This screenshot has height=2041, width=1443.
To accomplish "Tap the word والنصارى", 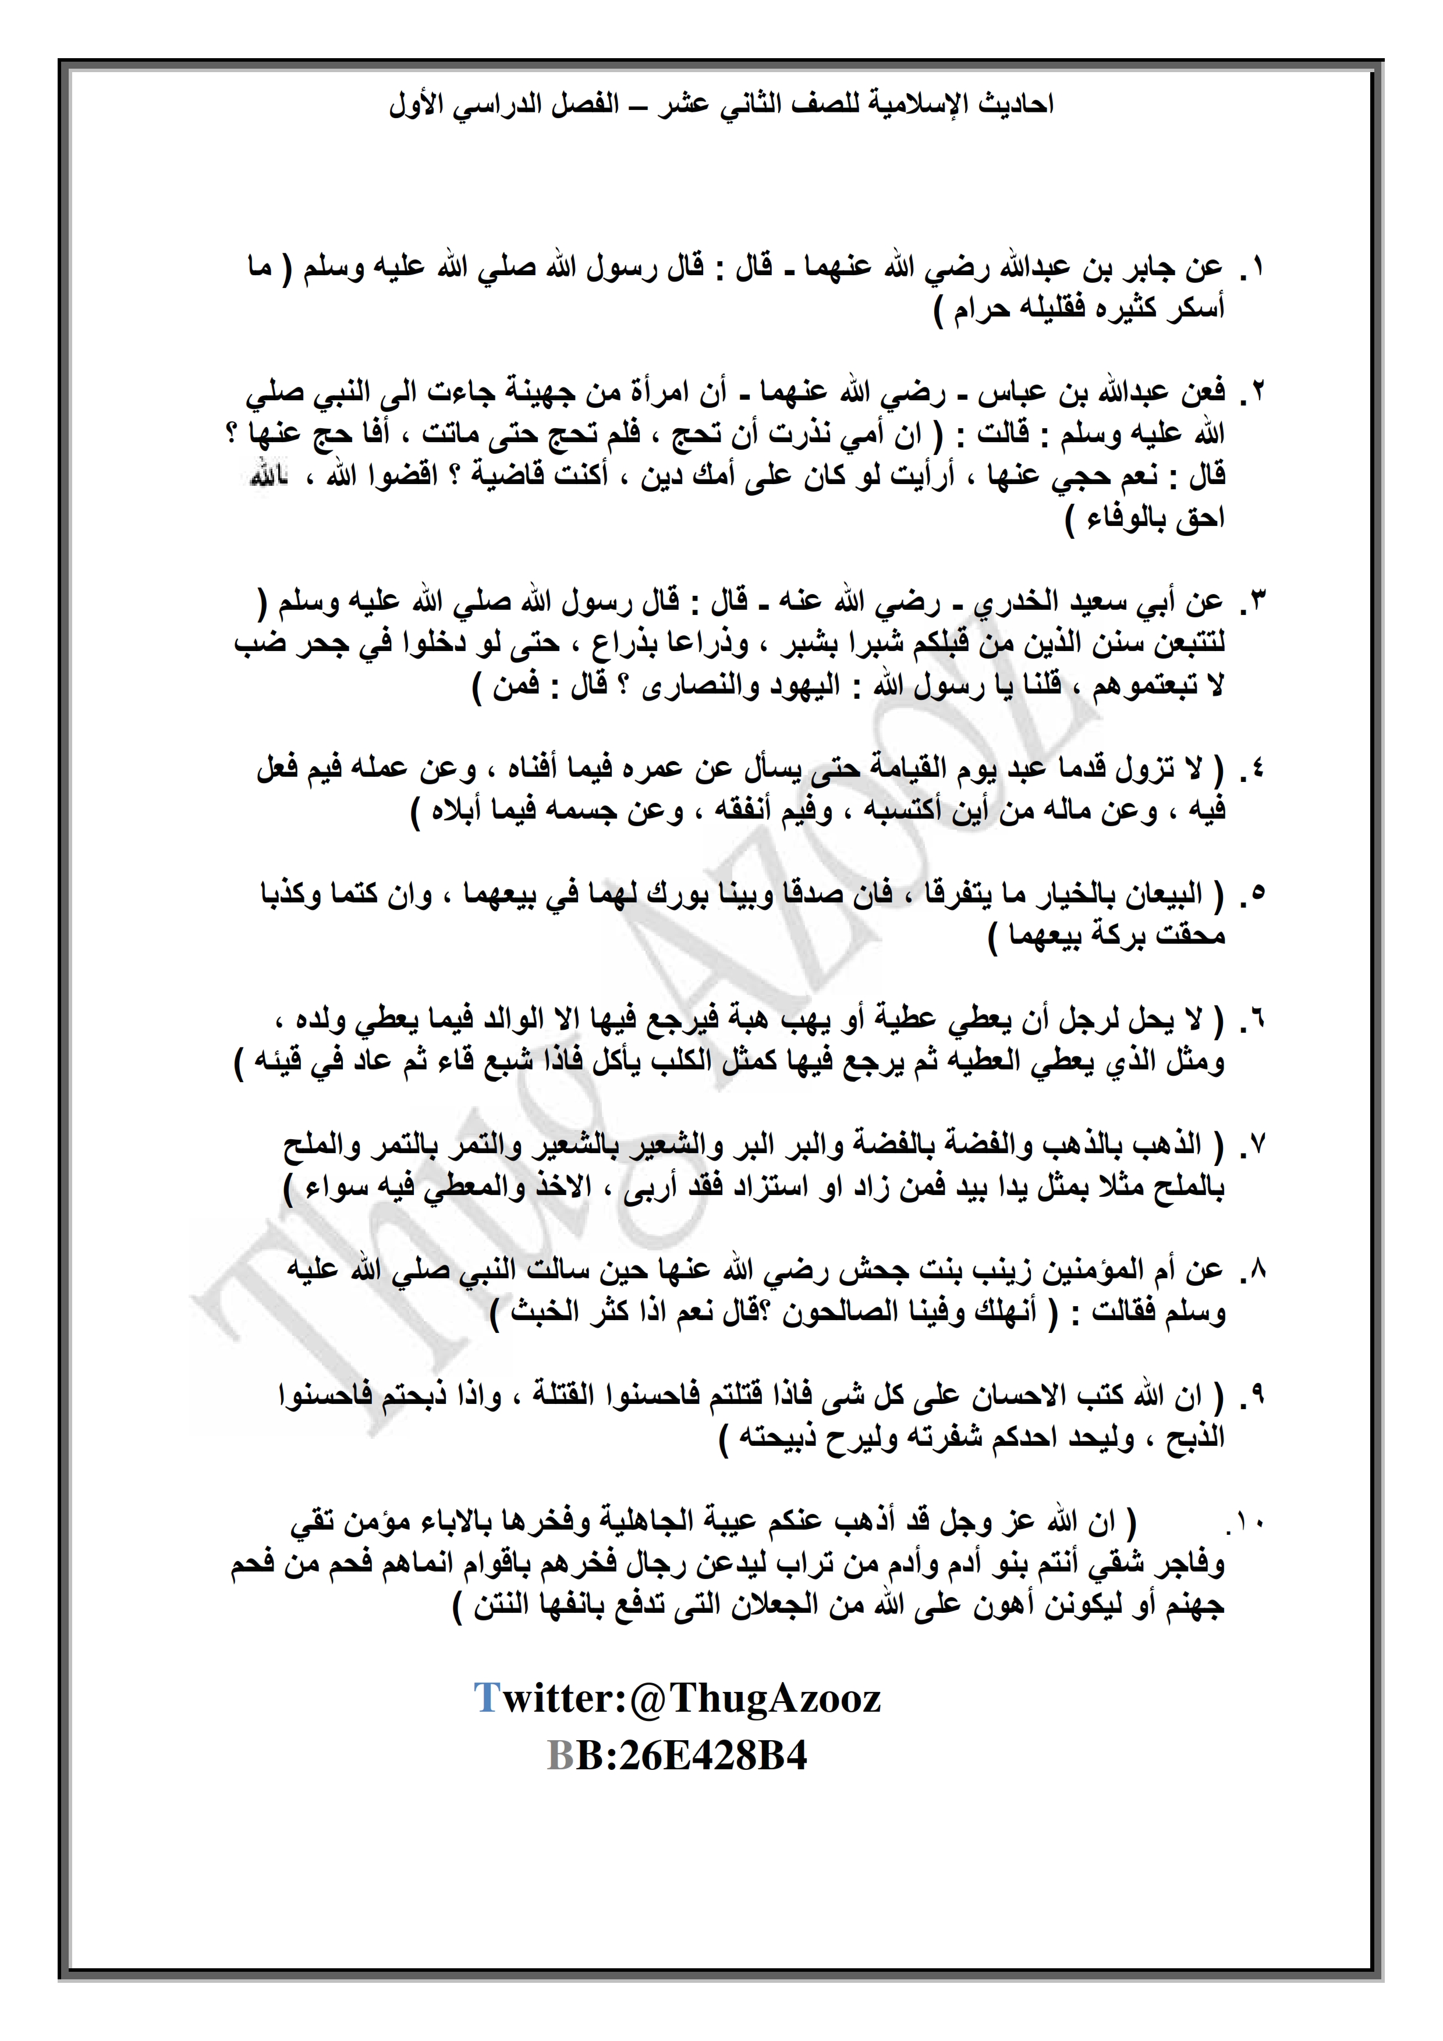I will (703, 687).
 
